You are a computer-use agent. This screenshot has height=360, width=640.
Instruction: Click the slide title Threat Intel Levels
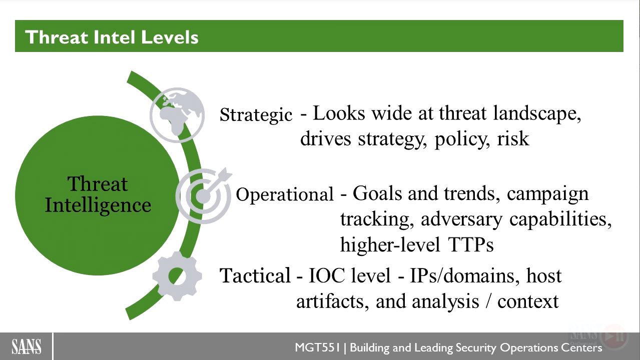coord(112,37)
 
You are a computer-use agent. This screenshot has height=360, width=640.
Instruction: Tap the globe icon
coord(177,115)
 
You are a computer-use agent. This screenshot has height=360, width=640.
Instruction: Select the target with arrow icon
coord(204,195)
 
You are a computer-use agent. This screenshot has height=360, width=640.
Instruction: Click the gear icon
coord(177,276)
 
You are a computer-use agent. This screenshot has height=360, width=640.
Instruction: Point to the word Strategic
coord(256,115)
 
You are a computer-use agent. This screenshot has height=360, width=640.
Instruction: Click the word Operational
coord(285,194)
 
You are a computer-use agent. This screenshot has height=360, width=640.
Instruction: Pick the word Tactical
coord(255,275)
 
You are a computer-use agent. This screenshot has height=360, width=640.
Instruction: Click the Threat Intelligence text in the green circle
coord(98,194)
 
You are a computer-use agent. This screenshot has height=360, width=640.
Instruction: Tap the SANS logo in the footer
coord(27,347)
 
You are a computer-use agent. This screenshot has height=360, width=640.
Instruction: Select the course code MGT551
coord(317,347)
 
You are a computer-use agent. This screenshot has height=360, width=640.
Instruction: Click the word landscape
coord(537,113)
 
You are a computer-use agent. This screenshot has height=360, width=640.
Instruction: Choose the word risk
coord(513,138)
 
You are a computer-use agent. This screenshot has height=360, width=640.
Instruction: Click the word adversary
coord(461,220)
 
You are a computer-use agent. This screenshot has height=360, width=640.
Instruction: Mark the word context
coord(528,302)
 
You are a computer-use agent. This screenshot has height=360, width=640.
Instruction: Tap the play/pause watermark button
coord(613,336)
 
